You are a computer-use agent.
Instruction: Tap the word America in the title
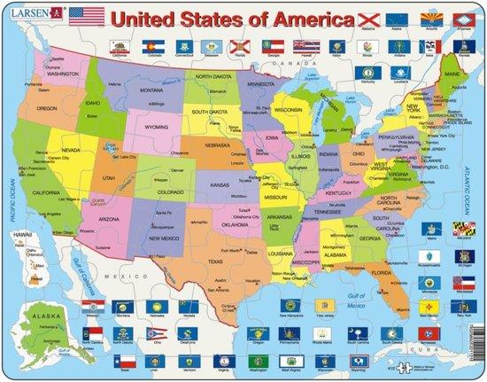pos(282,15)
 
